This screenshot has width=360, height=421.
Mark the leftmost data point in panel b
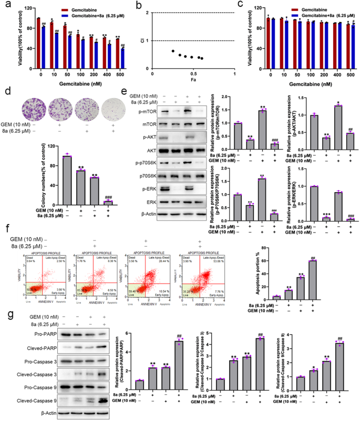(172, 51)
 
